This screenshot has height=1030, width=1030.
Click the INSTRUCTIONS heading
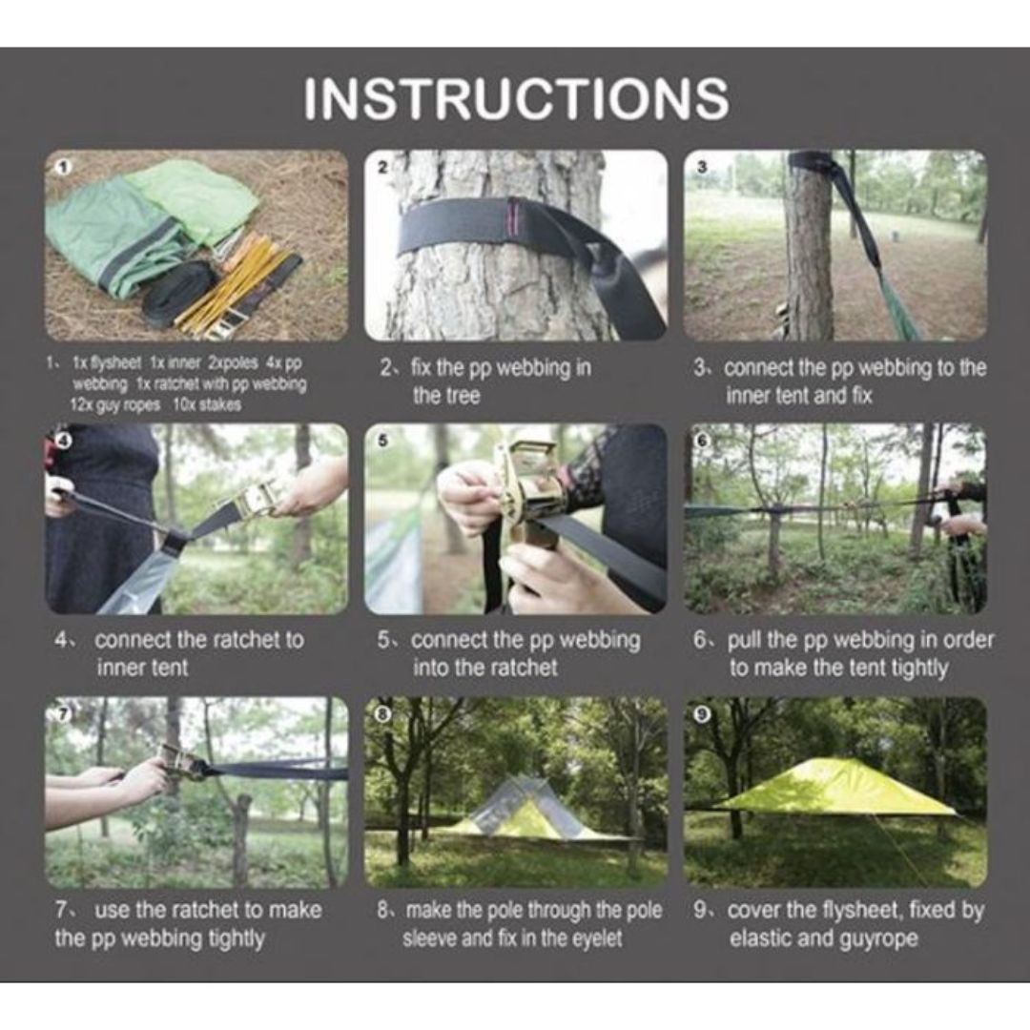[x=516, y=98]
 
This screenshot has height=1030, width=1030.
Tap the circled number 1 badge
[x=63, y=168]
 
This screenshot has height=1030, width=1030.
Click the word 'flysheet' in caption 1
[x=106, y=363]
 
